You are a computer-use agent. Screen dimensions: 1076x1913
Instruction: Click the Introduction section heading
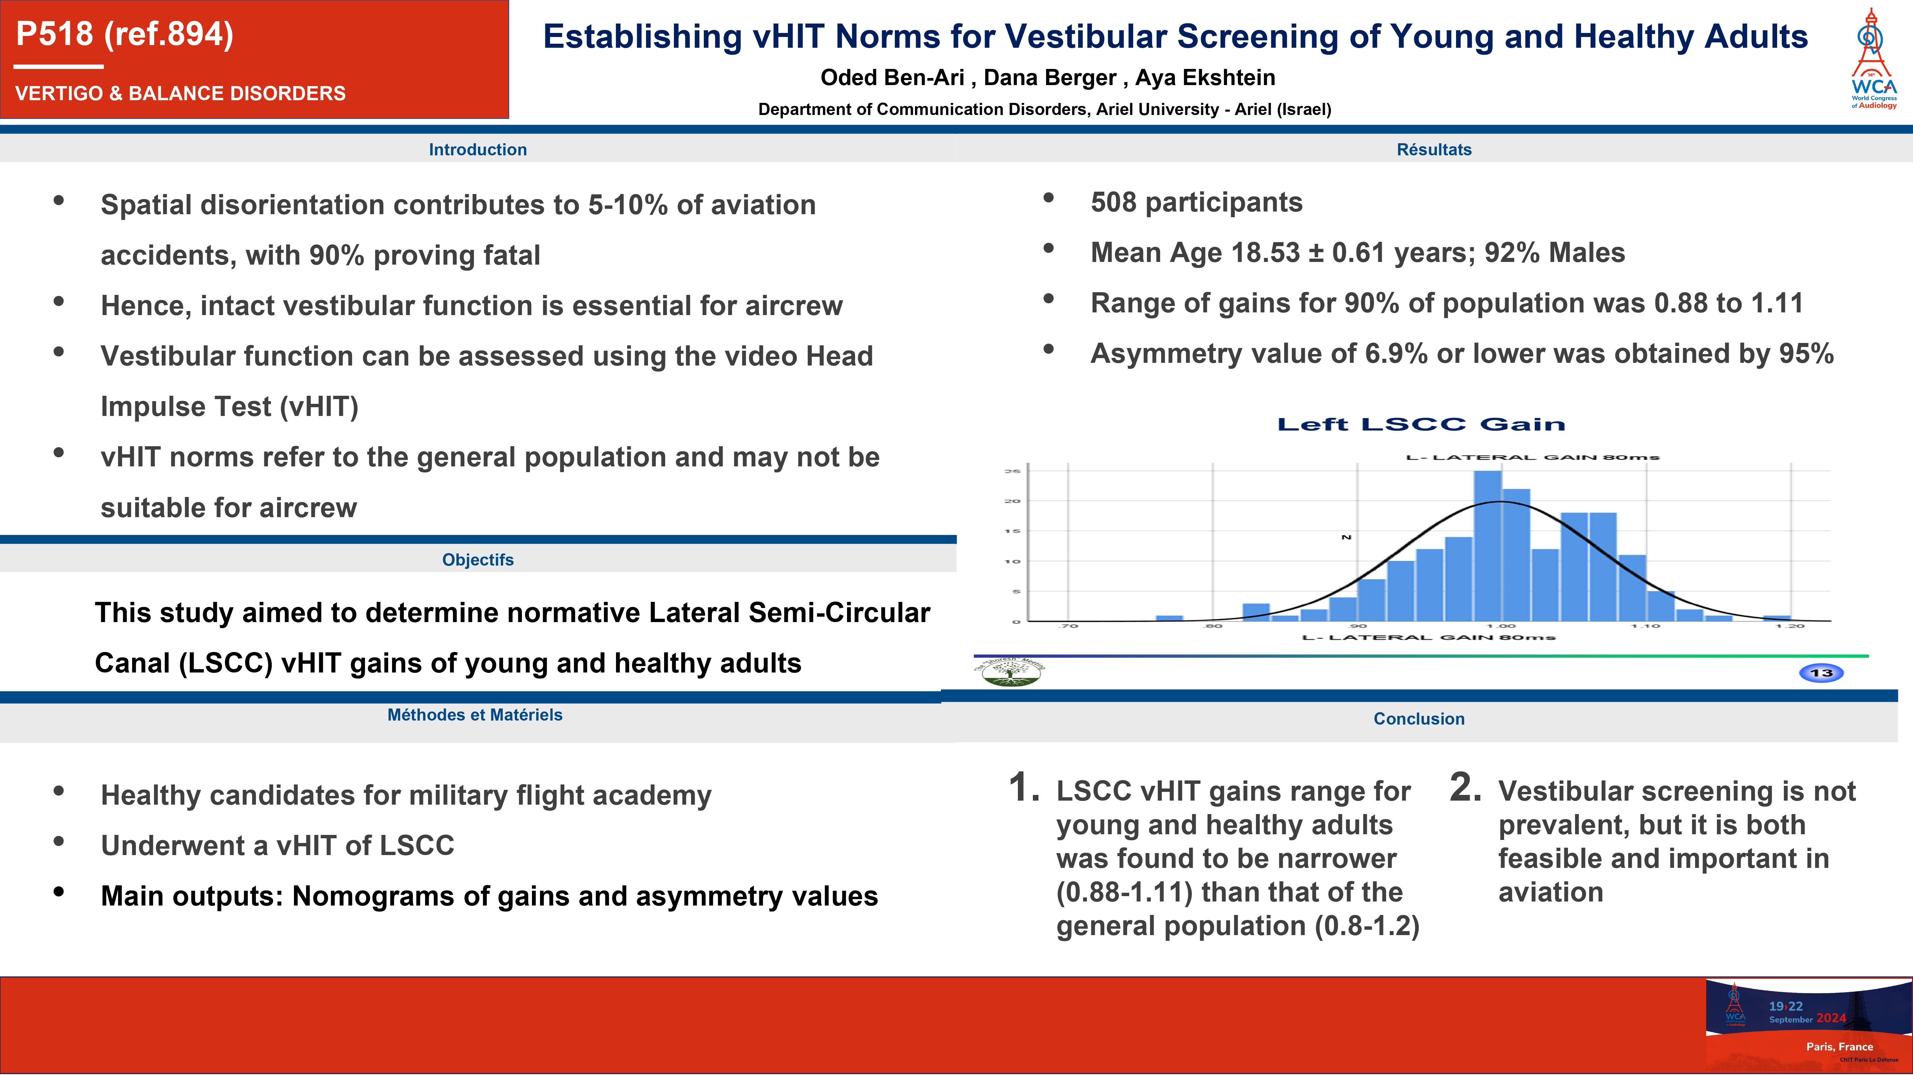pos(477,149)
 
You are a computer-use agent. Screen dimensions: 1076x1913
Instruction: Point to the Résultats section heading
pos(1433,149)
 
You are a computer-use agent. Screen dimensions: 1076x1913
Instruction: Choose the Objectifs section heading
pos(477,560)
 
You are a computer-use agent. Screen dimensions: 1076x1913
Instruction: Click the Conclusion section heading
pos(1418,719)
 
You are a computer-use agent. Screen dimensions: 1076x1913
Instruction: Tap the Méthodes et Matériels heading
pos(474,715)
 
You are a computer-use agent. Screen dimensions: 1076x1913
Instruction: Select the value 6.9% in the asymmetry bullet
pos(1396,354)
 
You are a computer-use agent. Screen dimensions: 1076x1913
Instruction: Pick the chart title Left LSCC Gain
pos(1421,425)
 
